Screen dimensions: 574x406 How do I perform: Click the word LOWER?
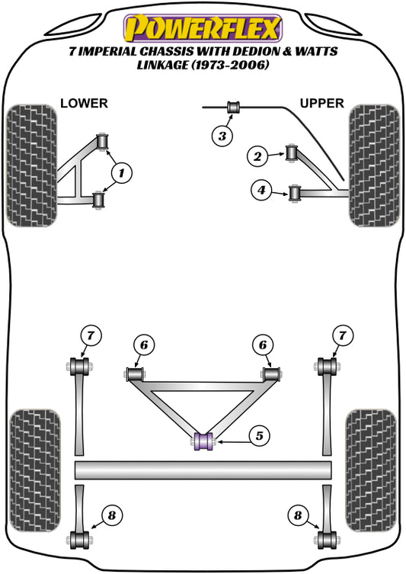[84, 103]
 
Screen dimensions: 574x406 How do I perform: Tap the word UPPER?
[322, 103]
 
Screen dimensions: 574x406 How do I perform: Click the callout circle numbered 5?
[258, 436]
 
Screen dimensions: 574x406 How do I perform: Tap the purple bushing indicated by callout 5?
[203, 441]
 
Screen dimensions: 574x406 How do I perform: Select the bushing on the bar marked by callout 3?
[235, 108]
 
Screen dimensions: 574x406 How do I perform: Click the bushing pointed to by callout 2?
[292, 153]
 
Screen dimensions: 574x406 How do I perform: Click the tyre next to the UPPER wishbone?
[373, 165]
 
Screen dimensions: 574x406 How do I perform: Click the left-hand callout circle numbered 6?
[143, 345]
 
